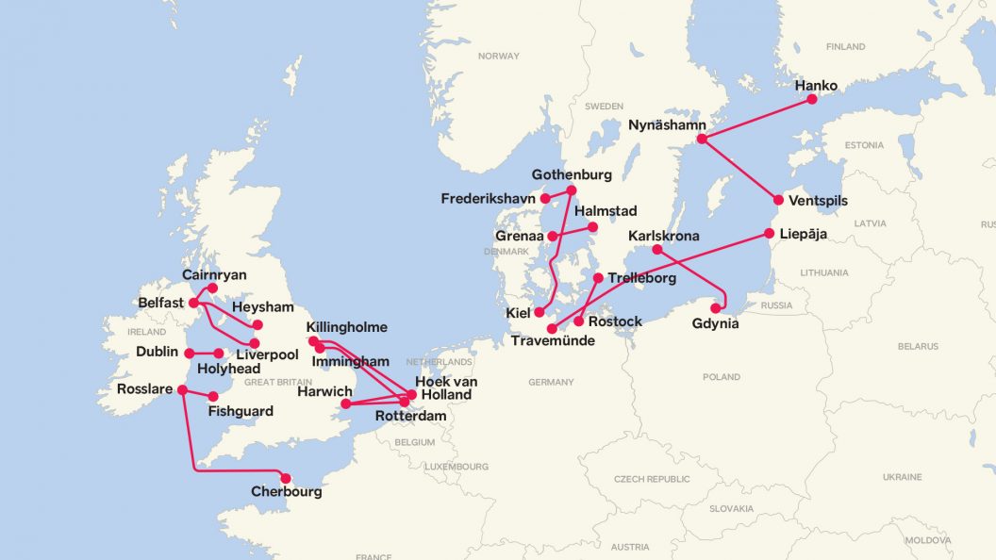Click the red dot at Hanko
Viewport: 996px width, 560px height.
coord(811,99)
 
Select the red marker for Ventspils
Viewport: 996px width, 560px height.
coord(778,200)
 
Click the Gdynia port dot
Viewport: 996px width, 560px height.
coord(717,308)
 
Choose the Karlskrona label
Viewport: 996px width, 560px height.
coord(663,236)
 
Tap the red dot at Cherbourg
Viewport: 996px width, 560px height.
coord(286,478)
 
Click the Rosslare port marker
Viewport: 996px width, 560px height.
coord(182,389)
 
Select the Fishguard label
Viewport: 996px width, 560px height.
coord(241,411)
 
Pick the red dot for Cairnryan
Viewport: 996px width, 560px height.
coord(212,288)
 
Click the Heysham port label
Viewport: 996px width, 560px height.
coord(256,307)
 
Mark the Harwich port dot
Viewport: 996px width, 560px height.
coord(345,404)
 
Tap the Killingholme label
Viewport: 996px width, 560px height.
coord(347,327)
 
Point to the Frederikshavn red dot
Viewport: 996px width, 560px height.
coord(545,199)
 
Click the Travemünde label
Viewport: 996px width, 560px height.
coord(553,340)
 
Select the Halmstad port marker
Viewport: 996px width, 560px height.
coord(593,226)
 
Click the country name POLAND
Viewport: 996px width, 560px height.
coord(721,376)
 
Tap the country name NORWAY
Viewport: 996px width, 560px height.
coord(499,56)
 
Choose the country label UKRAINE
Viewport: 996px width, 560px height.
coord(902,476)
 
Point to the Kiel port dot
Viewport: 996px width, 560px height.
coord(539,312)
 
